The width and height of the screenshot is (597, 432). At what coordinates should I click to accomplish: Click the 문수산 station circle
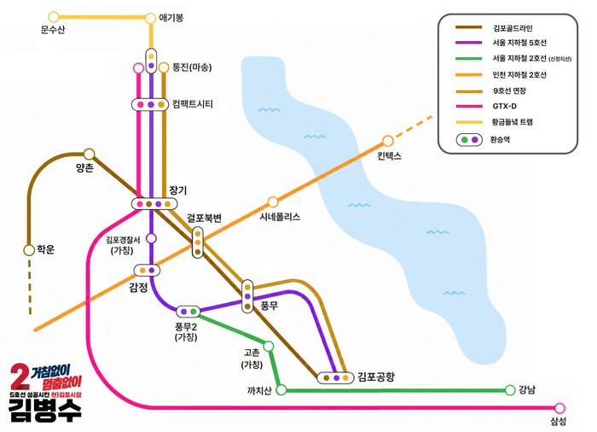click(x=54, y=17)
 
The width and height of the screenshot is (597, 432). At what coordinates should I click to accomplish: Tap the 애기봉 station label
click(x=171, y=18)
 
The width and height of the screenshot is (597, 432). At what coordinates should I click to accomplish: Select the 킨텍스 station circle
click(x=387, y=141)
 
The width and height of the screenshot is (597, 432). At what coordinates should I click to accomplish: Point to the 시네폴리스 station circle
click(x=273, y=201)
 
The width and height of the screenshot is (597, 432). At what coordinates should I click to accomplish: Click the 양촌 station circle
click(x=89, y=154)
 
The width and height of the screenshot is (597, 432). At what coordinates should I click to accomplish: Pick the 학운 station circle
click(x=29, y=250)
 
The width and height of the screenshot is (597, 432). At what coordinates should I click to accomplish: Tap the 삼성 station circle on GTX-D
click(x=559, y=408)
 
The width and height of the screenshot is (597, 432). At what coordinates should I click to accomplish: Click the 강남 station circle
click(x=510, y=390)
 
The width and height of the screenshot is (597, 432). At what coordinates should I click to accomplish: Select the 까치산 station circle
click(x=281, y=389)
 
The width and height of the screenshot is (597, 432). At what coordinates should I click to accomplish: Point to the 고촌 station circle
click(x=269, y=347)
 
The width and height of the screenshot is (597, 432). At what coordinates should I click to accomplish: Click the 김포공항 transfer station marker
click(x=336, y=378)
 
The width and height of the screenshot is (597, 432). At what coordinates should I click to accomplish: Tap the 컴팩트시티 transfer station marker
click(x=150, y=104)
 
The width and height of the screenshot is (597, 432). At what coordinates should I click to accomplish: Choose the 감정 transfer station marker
click(x=147, y=271)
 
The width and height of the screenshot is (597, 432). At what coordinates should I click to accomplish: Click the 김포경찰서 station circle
click(x=152, y=238)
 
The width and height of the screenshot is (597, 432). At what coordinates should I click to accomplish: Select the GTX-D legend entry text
click(x=505, y=107)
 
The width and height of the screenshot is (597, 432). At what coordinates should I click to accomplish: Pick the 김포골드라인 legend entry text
click(x=513, y=28)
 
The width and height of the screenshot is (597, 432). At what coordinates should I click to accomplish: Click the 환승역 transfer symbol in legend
click(x=469, y=140)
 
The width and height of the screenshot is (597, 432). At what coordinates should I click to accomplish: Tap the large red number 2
click(x=20, y=377)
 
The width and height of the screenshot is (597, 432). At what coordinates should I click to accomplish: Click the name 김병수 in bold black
click(x=45, y=411)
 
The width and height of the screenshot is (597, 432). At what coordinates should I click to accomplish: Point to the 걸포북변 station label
click(x=204, y=218)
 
